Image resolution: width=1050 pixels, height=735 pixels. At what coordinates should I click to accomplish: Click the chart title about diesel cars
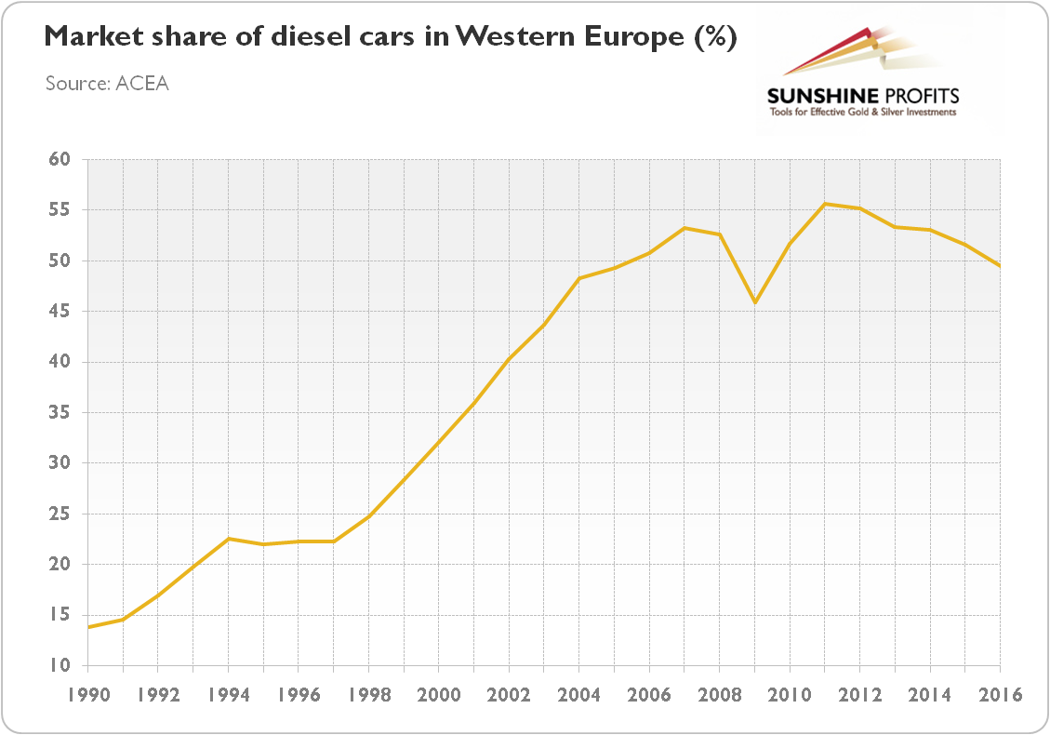click(x=391, y=38)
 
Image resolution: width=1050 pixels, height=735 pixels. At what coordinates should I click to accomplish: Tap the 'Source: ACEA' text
click(x=107, y=84)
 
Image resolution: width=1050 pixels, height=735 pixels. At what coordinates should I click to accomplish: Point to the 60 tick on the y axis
click(x=59, y=159)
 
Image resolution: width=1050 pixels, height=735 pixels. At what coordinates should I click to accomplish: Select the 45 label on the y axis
click(x=59, y=311)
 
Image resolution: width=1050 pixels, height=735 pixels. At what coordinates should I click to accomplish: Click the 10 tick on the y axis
click(x=59, y=665)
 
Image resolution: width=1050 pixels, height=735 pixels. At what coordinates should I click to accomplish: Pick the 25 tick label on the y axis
click(x=59, y=514)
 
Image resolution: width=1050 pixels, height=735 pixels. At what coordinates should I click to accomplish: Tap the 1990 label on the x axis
click(x=86, y=695)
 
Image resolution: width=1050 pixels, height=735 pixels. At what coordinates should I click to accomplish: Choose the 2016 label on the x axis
click(x=1000, y=695)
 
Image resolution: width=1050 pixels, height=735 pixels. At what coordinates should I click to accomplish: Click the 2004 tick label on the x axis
click(x=578, y=695)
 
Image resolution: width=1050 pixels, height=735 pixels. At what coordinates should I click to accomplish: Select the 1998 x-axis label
click(x=368, y=695)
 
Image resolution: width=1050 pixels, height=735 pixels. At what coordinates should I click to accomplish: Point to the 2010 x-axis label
click(x=790, y=695)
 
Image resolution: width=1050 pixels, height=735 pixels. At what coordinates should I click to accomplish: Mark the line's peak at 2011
click(x=825, y=204)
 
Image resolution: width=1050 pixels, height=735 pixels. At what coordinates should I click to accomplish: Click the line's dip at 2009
click(x=754, y=302)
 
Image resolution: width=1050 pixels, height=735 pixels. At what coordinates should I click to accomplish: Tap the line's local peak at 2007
click(x=684, y=228)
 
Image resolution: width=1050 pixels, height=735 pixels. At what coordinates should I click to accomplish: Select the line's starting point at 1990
click(x=87, y=627)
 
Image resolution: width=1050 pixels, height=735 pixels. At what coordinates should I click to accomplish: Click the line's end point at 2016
click(x=1000, y=266)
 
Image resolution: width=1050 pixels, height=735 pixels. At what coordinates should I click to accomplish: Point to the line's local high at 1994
click(x=228, y=539)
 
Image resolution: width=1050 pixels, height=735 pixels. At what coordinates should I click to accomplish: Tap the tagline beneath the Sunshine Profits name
click(x=862, y=113)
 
